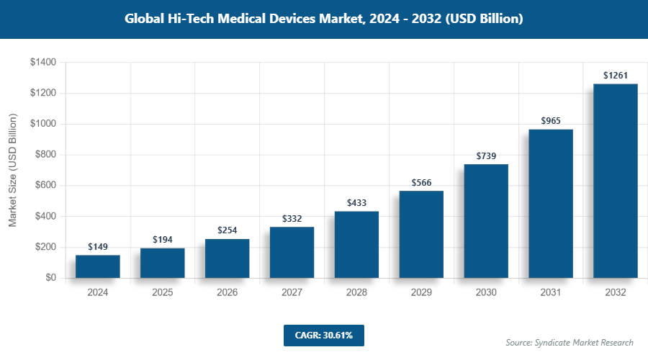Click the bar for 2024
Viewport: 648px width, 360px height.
click(x=98, y=266)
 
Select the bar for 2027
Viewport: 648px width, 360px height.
click(x=292, y=252)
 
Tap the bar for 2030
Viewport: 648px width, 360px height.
click(x=486, y=221)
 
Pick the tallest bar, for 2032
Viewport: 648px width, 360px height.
click(x=616, y=181)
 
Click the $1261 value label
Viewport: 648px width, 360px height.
click(x=616, y=76)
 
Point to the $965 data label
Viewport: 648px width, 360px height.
click(x=551, y=121)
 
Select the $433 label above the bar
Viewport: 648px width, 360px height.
click(x=356, y=203)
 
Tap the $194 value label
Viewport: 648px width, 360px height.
click(x=163, y=240)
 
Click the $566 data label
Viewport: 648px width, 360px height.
click(x=421, y=182)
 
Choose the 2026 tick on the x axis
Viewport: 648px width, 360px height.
click(x=227, y=293)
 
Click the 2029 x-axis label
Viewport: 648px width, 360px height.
click(x=421, y=293)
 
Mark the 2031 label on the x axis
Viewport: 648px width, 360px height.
click(x=551, y=293)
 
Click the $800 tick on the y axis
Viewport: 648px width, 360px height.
click(x=46, y=155)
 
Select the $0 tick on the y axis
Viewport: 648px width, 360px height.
click(x=51, y=278)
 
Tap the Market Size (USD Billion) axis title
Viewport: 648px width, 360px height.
click(x=12, y=170)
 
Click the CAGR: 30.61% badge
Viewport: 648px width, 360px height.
click(x=323, y=335)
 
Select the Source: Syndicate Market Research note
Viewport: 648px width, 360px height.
click(x=570, y=342)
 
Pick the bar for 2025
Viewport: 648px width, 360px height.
click(x=163, y=263)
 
